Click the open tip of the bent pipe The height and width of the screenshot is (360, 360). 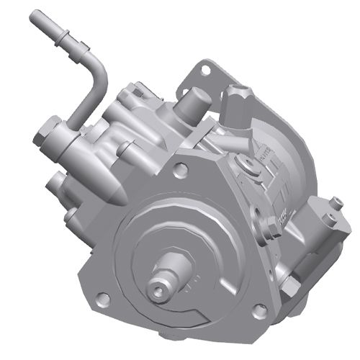(35, 17)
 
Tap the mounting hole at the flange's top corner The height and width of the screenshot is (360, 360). (181, 171)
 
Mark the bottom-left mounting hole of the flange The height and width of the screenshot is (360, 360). (104, 297)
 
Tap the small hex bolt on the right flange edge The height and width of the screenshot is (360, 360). (273, 231)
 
